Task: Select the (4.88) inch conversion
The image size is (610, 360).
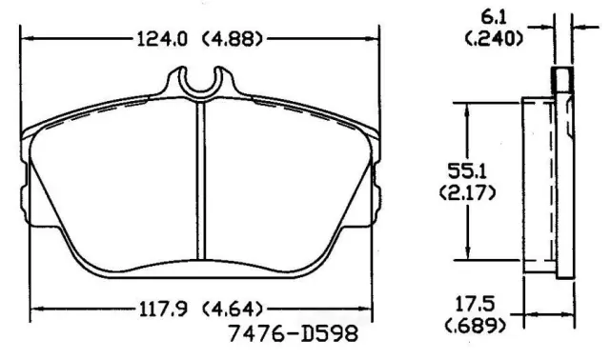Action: pyautogui.click(x=233, y=39)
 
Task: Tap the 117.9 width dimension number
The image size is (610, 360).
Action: pyautogui.click(x=163, y=310)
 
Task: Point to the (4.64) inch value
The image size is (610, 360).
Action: pyautogui.click(x=233, y=310)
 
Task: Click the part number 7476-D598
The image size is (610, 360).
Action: pyautogui.click(x=293, y=333)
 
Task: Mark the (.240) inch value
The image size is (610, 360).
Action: pyautogui.click(x=494, y=38)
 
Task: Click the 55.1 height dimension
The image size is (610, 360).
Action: pyautogui.click(x=467, y=171)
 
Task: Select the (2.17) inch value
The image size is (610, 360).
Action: pyautogui.click(x=467, y=192)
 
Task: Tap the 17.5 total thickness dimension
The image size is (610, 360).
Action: pyautogui.click(x=475, y=304)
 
